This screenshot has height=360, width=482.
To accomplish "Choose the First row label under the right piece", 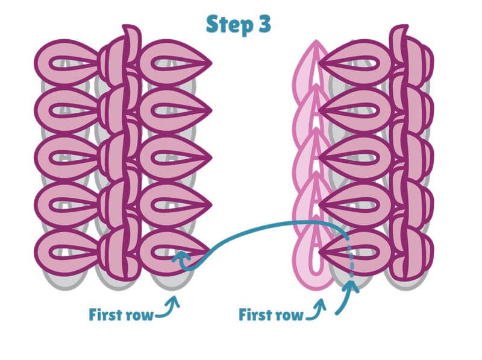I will (x=271, y=315).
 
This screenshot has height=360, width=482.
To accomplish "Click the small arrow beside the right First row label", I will (x=316, y=308).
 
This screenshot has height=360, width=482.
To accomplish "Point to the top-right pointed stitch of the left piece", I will (x=175, y=63).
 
